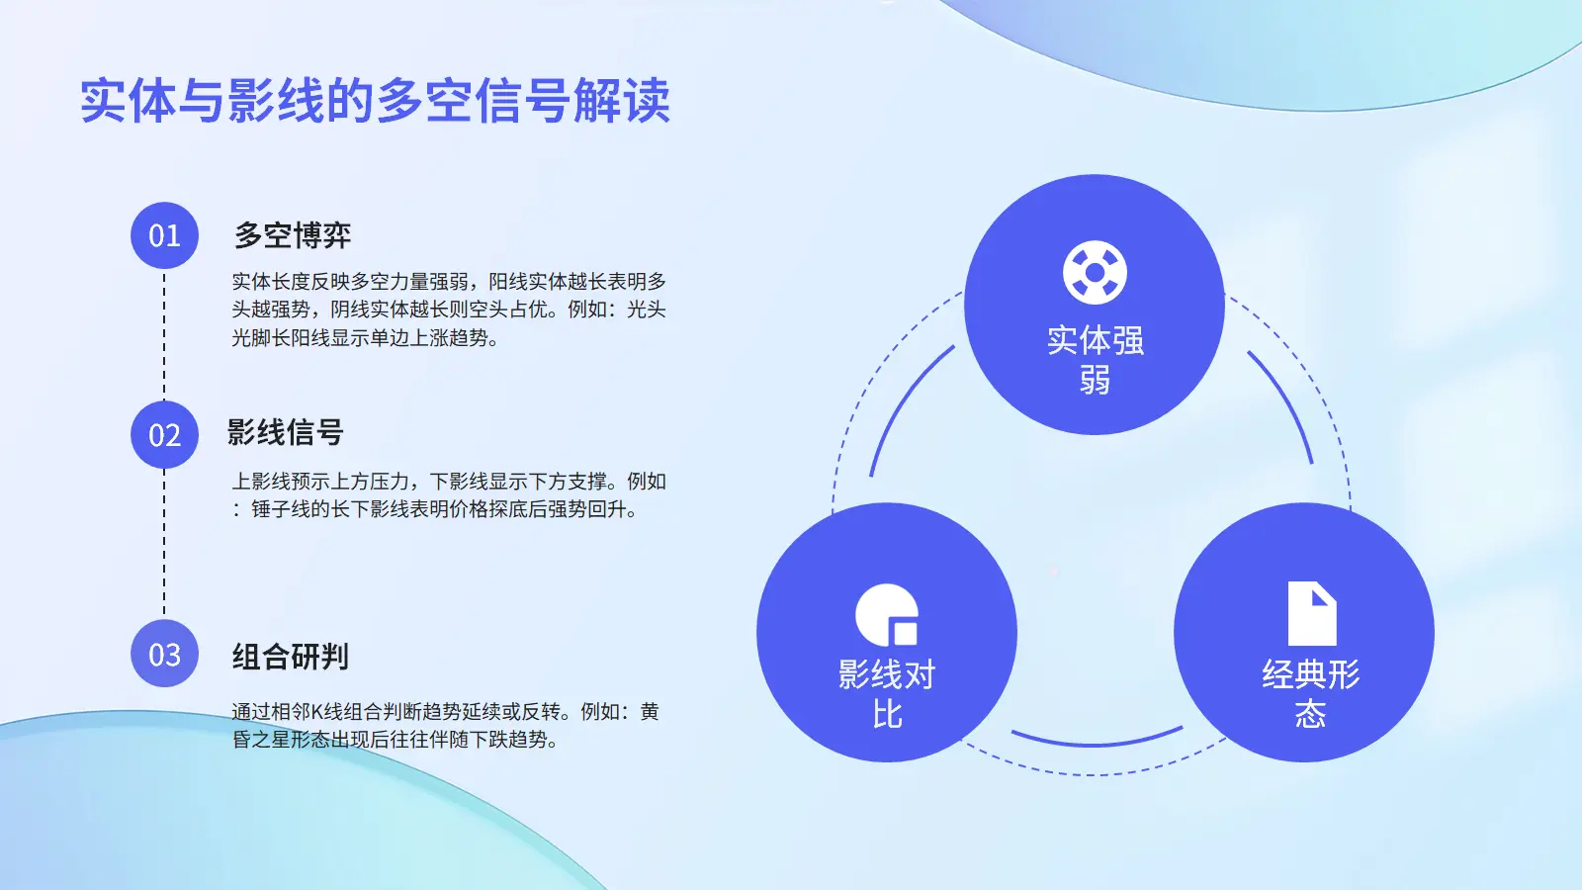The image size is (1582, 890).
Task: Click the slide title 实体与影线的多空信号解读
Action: coord(375,101)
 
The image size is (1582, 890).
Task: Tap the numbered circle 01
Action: coord(164,235)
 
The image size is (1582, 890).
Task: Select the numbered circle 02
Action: coord(164,434)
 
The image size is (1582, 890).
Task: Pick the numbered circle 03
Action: coord(164,654)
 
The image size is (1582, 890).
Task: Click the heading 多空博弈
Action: coord(293,235)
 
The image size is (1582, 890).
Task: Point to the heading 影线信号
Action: coord(286,431)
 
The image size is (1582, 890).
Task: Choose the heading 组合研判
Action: coord(291,657)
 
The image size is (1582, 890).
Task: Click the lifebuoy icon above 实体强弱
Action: coord(1095,273)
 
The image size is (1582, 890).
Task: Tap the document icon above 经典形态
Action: coord(1312,613)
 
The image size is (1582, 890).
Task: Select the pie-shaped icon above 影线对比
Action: coord(887,614)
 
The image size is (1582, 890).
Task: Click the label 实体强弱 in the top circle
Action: coord(1095,360)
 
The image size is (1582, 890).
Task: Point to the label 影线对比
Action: coord(887,693)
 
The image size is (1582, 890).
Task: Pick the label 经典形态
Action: coord(1311,693)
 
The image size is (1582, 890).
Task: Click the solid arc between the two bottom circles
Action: coord(1097,744)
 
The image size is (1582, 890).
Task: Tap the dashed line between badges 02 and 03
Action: coord(164,544)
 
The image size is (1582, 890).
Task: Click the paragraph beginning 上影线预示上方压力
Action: coord(449,495)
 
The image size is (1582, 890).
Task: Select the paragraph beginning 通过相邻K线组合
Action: coord(445,726)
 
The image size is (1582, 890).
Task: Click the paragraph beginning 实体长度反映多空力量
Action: coord(449,310)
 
